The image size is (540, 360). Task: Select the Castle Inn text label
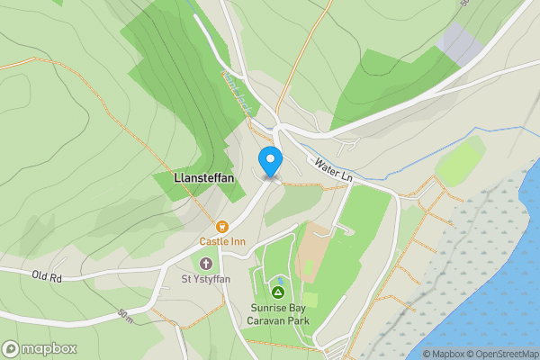(x=222, y=241)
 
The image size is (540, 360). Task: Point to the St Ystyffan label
(x=207, y=278)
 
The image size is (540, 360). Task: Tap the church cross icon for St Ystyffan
(x=207, y=264)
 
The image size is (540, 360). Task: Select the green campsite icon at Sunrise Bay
(x=279, y=292)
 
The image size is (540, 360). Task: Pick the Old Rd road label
(x=46, y=276)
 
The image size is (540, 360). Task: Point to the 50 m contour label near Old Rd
(x=127, y=316)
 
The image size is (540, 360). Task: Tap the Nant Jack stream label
(x=237, y=94)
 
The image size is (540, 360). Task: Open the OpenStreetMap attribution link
(x=505, y=354)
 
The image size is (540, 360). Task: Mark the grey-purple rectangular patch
(x=460, y=44)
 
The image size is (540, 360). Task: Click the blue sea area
(x=513, y=270)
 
